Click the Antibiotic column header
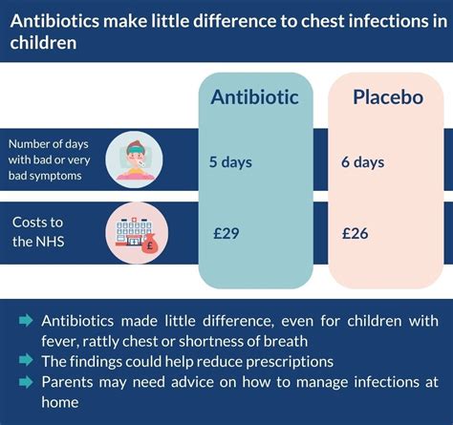pos(255,97)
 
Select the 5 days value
pos(230,161)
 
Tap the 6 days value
pos(362,161)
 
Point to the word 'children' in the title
pos(40,42)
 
